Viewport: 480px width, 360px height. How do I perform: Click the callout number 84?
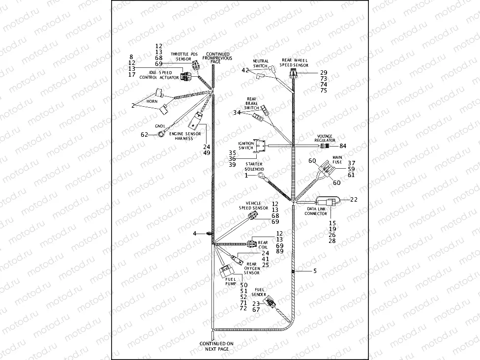point(343,146)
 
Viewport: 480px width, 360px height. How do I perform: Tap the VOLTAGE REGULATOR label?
point(325,138)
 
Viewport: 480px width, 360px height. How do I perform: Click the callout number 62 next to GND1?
point(144,134)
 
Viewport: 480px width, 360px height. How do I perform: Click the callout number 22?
point(353,199)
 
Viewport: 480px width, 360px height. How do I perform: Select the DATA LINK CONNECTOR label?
point(316,211)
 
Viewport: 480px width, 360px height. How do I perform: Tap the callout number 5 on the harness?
point(315,270)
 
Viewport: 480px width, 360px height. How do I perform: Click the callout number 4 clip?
point(195,233)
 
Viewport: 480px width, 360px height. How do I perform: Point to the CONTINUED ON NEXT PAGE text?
point(214,346)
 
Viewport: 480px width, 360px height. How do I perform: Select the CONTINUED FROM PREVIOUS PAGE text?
point(217,58)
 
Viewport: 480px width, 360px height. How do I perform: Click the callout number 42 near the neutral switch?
point(245,70)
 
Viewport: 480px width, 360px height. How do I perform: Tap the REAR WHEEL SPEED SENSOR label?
point(295,62)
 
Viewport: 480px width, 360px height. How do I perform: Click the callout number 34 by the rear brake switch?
point(237,113)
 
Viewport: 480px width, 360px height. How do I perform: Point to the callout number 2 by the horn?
point(133,106)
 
